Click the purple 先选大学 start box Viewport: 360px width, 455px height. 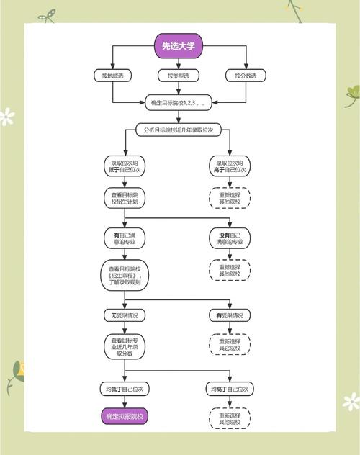tap(179, 46)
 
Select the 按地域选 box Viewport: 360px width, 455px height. tap(112, 76)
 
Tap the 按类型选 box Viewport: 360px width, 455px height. tap(179, 76)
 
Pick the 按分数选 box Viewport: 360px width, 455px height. tap(246, 76)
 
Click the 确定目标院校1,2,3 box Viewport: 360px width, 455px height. tap(179, 102)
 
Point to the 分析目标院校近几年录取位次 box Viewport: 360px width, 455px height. tap(179, 130)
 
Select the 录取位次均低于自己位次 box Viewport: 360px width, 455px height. tap(125, 166)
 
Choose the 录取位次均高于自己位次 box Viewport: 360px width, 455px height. tap(230, 166)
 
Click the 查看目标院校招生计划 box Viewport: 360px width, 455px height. tap(125, 198)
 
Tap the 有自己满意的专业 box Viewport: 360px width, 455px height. tap(125, 238)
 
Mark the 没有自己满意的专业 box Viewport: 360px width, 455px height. tap(230, 238)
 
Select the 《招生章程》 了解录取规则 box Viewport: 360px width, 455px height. tap(125, 276)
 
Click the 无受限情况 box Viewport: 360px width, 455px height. tap(125, 315)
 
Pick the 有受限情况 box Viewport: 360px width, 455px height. tap(230, 315)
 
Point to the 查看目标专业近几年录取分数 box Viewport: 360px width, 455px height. tap(125, 347)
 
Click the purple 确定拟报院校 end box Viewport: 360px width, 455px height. tap(125, 416)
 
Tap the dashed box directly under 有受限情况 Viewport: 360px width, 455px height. tap(230, 344)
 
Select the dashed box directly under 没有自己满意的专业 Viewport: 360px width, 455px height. tap(230, 270)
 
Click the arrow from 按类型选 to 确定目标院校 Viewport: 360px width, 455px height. tap(179, 89)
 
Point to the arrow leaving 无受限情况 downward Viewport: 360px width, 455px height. tap(125, 328)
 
